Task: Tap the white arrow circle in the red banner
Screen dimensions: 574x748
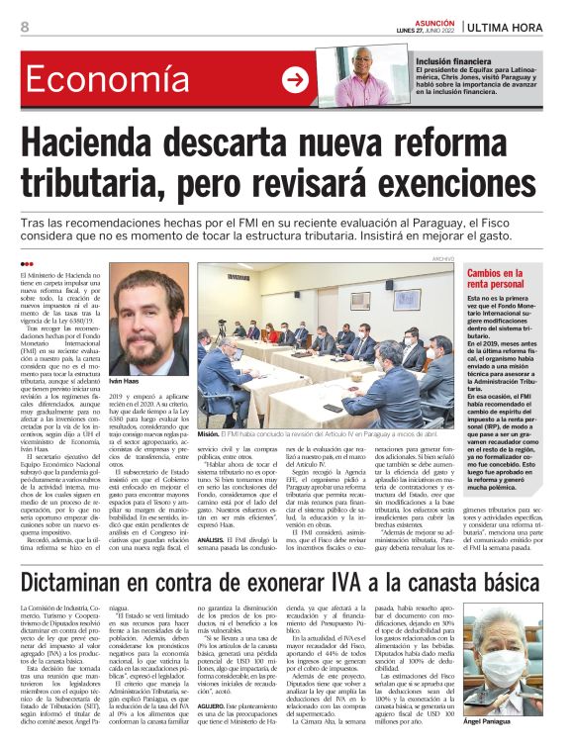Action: pyautogui.click(x=294, y=80)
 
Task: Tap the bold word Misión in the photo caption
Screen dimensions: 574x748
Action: pyautogui.click(x=208, y=433)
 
